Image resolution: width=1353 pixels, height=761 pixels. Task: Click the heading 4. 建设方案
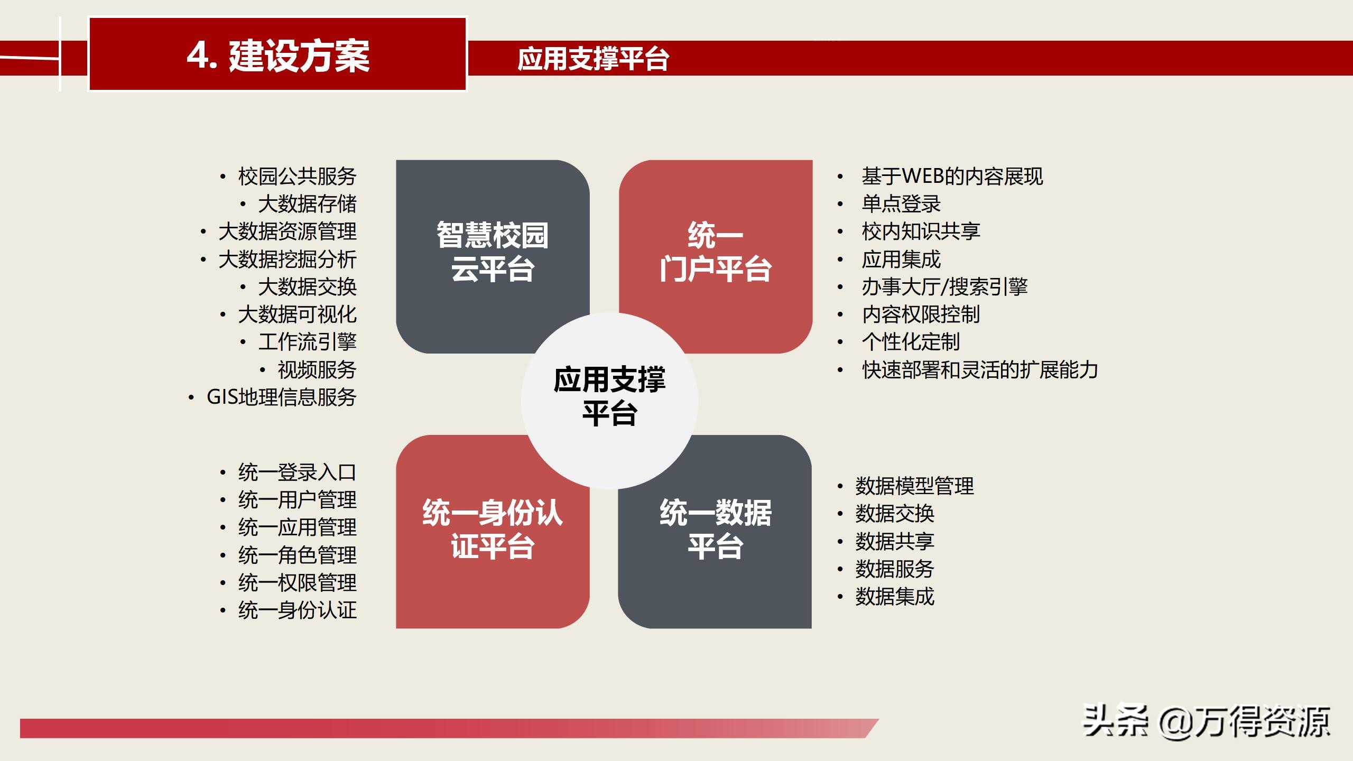(x=278, y=55)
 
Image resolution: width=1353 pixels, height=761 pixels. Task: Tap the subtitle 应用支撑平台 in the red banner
(x=593, y=58)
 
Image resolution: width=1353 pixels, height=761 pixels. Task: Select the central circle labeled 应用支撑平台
(x=609, y=396)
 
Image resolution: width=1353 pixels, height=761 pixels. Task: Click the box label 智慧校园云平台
(x=493, y=252)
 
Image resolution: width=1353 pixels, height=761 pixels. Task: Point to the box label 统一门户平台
(x=715, y=252)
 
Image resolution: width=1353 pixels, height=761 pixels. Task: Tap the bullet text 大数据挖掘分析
(x=288, y=259)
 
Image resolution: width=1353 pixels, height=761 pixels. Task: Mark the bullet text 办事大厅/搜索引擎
(x=944, y=287)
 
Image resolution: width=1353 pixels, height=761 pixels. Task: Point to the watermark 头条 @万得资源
(x=1206, y=722)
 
